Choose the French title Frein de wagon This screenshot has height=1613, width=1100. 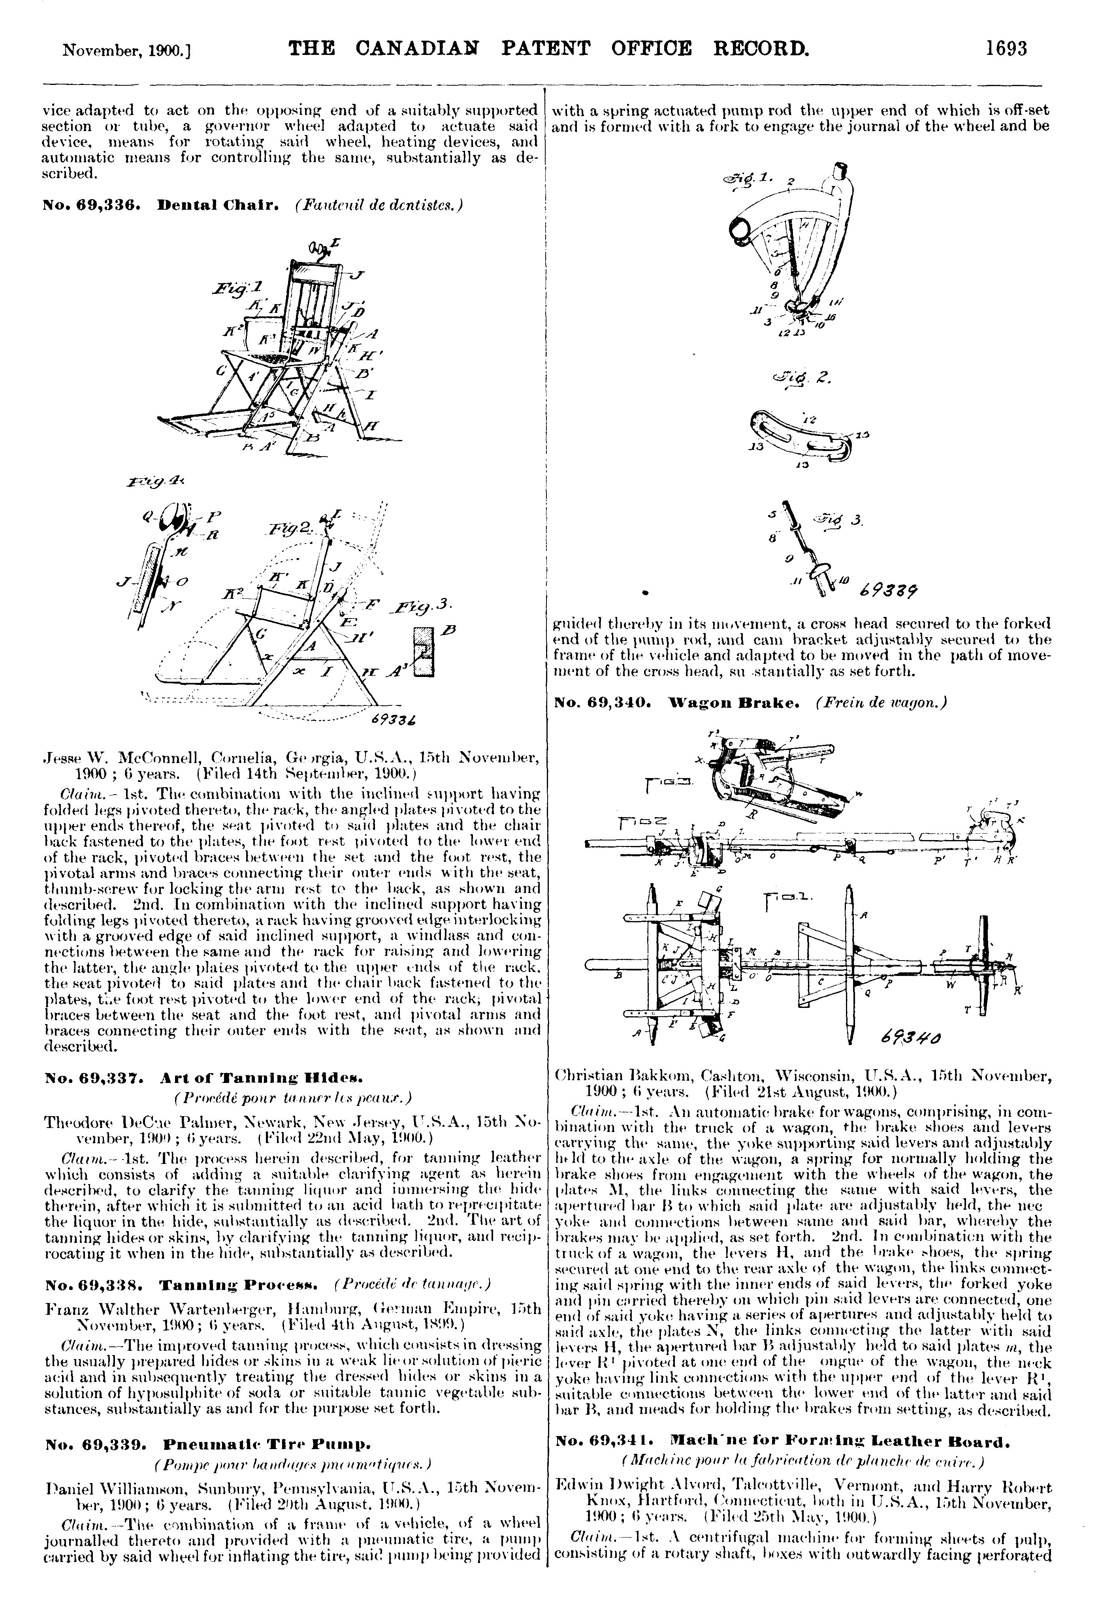point(882,702)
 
